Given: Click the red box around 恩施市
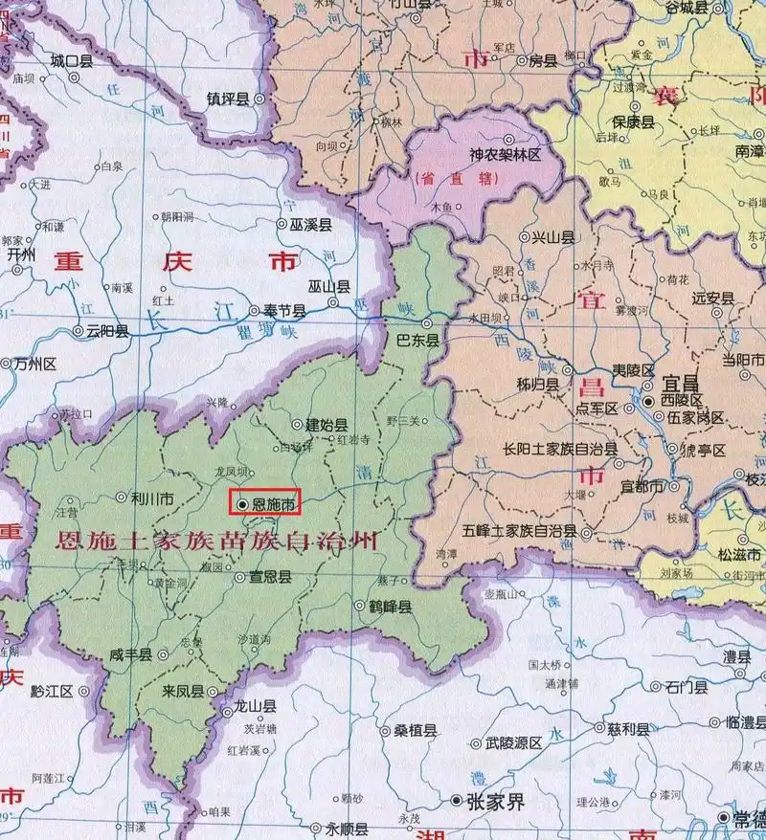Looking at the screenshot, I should (x=265, y=501).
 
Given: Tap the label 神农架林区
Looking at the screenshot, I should (x=506, y=153).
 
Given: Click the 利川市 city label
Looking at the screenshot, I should (x=152, y=497).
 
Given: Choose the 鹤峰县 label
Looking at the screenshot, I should (x=391, y=607).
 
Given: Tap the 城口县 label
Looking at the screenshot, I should (x=72, y=60).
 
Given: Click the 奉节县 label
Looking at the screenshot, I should (x=284, y=311).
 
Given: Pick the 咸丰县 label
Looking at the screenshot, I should (x=131, y=654).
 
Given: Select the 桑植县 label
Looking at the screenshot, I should (x=416, y=731).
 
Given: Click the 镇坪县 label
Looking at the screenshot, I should (x=228, y=99).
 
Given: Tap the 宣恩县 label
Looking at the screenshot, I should (x=271, y=577).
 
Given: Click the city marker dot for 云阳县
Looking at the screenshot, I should (x=79, y=331).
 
